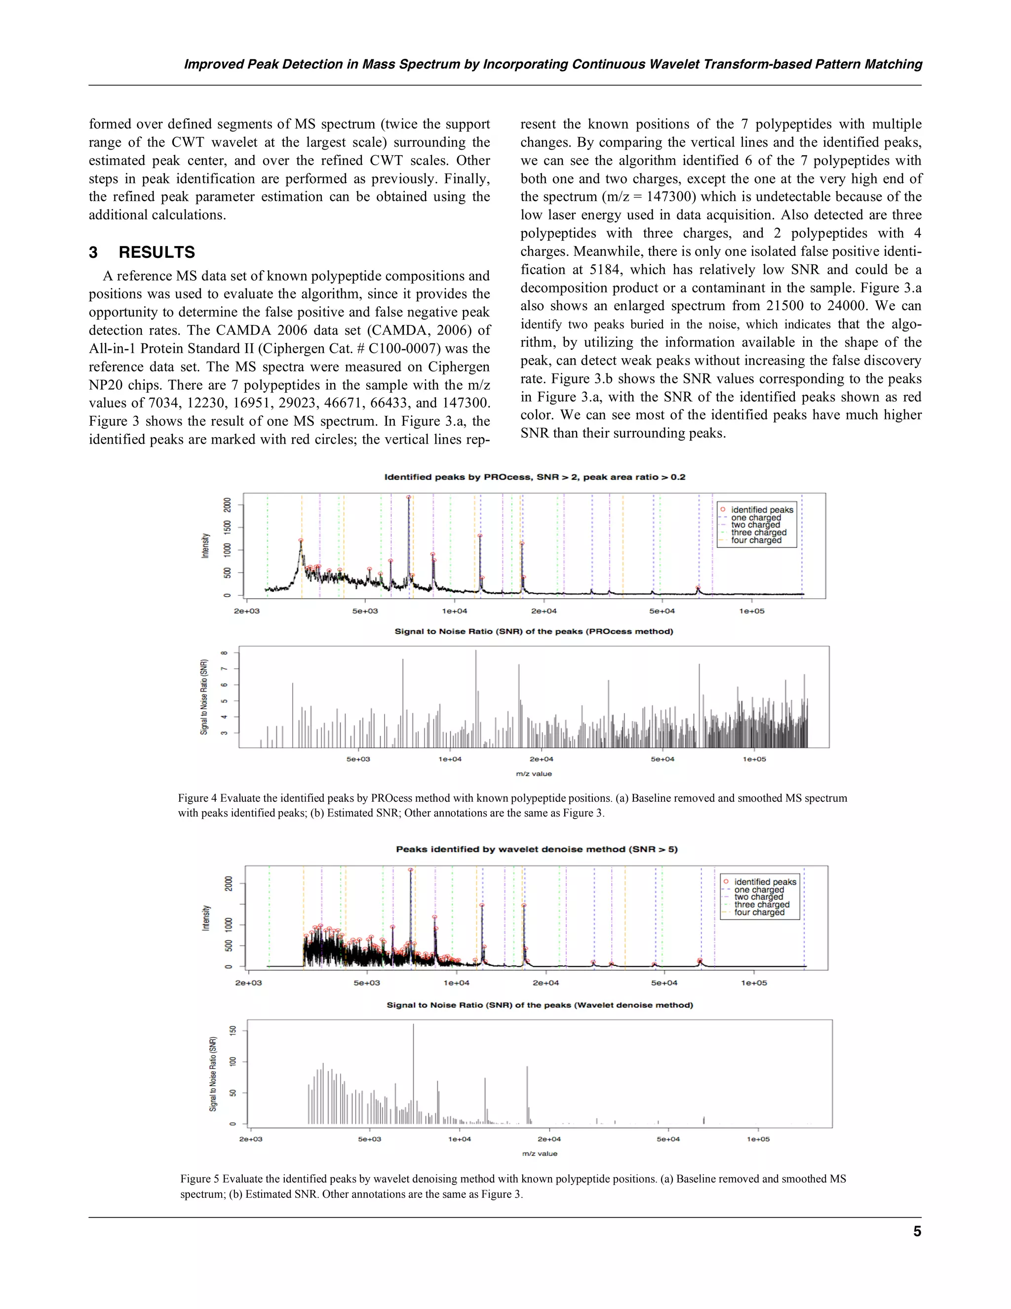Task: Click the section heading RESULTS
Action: coord(156,252)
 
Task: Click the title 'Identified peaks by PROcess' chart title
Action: coord(534,477)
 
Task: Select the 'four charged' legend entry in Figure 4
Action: coord(756,540)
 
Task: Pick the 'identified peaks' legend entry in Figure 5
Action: coord(765,882)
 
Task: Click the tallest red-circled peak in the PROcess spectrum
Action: coord(408,497)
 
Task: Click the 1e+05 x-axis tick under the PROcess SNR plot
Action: coord(754,759)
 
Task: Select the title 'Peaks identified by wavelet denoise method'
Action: coord(537,849)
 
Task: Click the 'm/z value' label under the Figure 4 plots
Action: coord(534,774)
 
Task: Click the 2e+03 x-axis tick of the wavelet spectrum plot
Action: coord(249,983)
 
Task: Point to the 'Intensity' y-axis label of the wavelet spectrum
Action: coord(206,918)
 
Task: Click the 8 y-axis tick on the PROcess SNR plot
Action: coord(224,653)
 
